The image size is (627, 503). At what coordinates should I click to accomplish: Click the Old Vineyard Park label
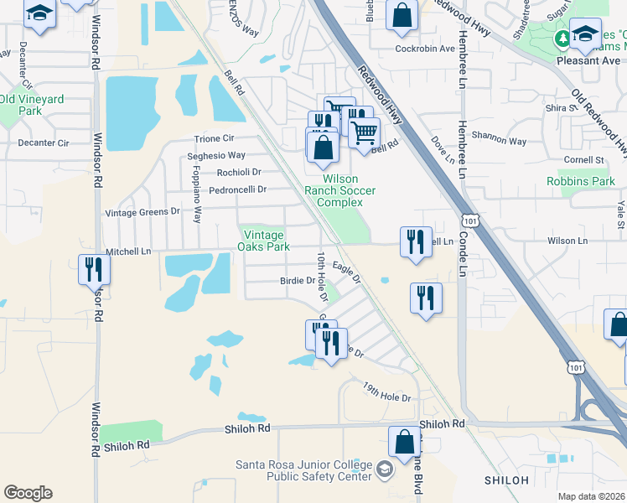tap(32, 105)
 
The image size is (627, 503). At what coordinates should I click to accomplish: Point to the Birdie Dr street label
tap(297, 282)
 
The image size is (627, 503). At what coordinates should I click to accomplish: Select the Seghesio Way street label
tap(216, 155)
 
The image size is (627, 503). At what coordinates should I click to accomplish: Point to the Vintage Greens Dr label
tap(142, 213)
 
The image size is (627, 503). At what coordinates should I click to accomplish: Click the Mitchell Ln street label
tap(128, 251)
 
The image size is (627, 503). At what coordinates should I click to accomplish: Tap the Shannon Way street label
tap(499, 143)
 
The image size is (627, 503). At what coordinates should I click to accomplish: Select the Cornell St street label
tap(584, 159)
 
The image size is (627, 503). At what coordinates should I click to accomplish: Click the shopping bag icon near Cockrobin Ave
tap(402, 14)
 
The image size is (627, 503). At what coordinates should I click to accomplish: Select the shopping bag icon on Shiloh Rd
tap(404, 443)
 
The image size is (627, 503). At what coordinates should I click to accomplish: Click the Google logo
tap(28, 493)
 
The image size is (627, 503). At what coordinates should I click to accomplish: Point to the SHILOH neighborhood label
tap(506, 480)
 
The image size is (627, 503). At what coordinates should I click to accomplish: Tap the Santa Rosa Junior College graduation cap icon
tap(384, 468)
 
